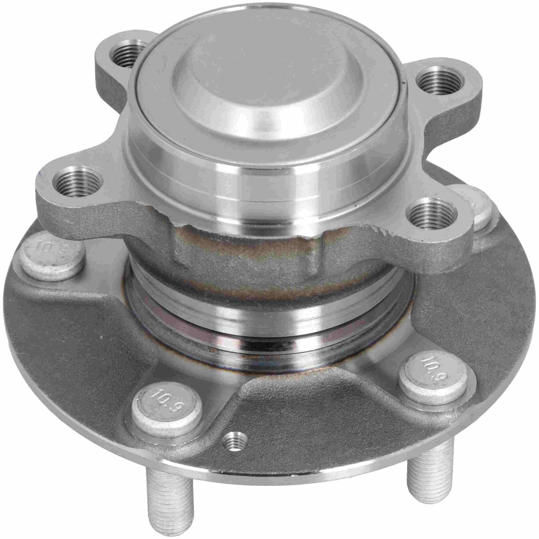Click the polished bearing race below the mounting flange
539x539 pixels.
point(269,328)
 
